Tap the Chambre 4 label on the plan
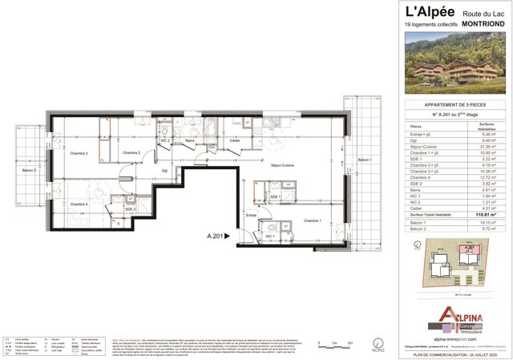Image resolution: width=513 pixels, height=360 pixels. click(79, 204)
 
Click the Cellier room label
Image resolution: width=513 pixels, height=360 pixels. click(236, 140)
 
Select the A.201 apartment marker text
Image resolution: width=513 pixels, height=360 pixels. click(215, 236)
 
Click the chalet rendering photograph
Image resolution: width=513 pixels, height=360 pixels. click(453, 63)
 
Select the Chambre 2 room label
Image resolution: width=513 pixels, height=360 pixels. click(131, 152)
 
